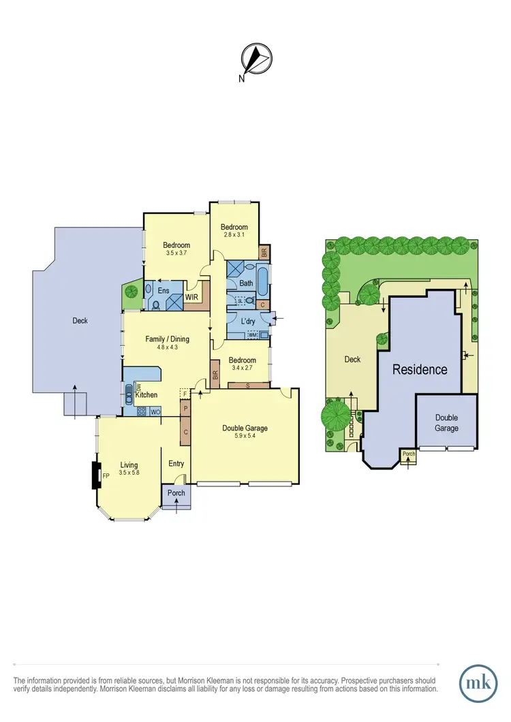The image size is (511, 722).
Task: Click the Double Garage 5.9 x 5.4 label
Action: point(245,432)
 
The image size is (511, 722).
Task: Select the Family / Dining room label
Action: point(167,343)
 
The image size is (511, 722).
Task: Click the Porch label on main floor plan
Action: point(176,493)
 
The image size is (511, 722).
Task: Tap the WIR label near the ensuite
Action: point(191,297)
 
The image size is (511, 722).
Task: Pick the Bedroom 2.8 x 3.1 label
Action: point(234,230)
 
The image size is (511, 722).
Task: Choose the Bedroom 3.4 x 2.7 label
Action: point(242,364)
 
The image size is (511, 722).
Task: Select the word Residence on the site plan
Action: point(419,369)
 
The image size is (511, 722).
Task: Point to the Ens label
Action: point(164,291)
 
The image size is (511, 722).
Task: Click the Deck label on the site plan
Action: point(352,359)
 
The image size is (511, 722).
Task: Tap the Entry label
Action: point(176,464)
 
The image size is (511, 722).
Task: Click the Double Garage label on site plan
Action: point(446,423)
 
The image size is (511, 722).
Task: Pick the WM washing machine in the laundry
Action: point(252,334)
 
